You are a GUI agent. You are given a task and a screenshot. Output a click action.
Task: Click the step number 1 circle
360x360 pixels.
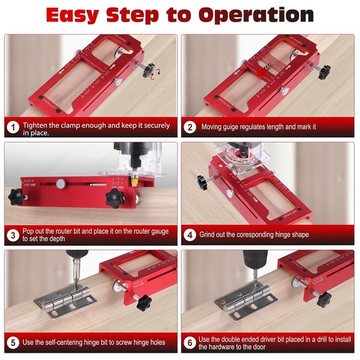coord(13,127)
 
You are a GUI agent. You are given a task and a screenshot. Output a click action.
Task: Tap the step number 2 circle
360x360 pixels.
coord(190,127)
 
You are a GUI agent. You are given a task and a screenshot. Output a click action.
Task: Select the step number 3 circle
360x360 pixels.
coord(13,235)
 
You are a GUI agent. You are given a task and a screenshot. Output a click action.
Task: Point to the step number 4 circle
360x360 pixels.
coord(190,235)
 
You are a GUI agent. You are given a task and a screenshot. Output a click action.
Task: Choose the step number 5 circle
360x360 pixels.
coord(13,343)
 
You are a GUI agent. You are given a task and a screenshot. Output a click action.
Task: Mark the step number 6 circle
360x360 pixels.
coord(190,343)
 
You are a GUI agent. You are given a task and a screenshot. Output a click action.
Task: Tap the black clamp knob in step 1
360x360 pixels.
coord(146,70)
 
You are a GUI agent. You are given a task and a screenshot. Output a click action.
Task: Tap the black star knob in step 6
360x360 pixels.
coord(323,298)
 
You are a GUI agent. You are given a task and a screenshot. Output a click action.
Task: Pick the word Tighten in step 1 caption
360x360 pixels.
coord(37,126)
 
